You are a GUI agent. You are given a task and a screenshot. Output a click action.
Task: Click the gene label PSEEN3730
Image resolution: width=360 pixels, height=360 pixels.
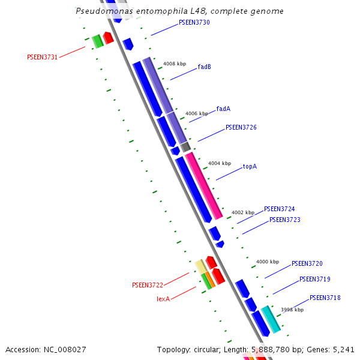click(194, 22)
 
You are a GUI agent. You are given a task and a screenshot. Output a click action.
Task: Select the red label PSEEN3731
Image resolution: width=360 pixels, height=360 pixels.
click(42, 57)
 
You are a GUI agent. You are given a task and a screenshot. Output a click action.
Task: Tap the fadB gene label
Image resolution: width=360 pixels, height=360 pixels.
click(204, 67)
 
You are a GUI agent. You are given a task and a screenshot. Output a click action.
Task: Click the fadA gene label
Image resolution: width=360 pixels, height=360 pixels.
click(223, 109)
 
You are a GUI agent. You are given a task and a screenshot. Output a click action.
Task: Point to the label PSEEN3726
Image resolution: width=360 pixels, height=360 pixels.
click(241, 127)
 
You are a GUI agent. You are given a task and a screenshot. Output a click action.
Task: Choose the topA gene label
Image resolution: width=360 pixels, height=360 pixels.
click(250, 166)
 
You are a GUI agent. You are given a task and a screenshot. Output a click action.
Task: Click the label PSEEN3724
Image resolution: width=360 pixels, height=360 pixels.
click(280, 209)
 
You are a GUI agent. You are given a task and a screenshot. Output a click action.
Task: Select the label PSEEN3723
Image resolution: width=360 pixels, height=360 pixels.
click(285, 220)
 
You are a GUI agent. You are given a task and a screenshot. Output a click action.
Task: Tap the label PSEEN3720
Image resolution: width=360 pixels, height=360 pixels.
click(307, 263)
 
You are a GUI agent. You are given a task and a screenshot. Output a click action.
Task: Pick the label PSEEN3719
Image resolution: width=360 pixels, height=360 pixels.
click(315, 279)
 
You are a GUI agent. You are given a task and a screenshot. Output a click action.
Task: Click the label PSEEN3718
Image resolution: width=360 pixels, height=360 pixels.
click(325, 298)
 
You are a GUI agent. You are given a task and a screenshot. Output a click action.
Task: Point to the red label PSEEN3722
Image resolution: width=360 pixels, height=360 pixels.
click(148, 285)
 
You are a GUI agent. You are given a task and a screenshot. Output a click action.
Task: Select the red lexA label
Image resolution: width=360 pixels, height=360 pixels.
click(163, 298)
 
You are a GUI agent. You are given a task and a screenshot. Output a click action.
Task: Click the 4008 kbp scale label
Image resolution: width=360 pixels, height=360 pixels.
click(175, 63)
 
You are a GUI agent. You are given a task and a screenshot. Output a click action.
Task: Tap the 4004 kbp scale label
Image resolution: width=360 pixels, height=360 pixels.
click(220, 163)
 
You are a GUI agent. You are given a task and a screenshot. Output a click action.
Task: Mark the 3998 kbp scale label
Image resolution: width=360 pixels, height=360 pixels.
click(292, 310)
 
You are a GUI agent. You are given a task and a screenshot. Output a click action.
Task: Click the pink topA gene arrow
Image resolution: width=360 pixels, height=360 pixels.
click(204, 185)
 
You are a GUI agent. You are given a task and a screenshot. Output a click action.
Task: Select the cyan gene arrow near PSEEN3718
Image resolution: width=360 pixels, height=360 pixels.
click(270, 319)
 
